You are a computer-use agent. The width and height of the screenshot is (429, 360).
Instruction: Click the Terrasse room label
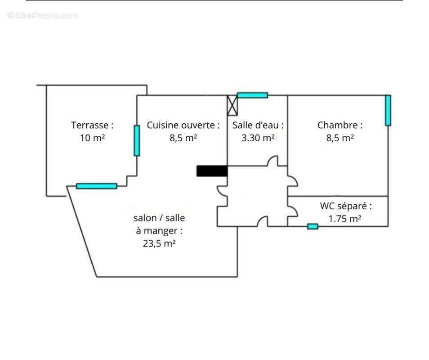[x=92, y=125]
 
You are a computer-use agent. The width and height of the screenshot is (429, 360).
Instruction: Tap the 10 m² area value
[x=92, y=138]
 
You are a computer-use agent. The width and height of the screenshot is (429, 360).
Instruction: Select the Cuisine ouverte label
[x=183, y=125]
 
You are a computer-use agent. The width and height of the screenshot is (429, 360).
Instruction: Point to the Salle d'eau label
[x=258, y=125]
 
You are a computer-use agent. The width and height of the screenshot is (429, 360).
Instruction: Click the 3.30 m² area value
[x=258, y=138]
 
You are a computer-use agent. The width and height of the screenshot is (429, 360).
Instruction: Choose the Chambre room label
[x=340, y=125]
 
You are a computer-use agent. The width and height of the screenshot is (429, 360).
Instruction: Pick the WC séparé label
[x=346, y=206]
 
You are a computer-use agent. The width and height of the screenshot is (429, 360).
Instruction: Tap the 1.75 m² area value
[x=345, y=219]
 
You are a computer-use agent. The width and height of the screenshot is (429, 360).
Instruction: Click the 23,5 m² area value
[x=159, y=243]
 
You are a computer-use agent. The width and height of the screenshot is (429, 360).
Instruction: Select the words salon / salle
[x=159, y=218]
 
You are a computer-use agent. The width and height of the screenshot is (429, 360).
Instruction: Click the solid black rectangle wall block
[x=212, y=171]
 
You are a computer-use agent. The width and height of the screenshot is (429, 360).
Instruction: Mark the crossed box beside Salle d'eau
[x=232, y=105]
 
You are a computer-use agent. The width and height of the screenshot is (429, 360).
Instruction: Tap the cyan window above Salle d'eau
[x=252, y=95]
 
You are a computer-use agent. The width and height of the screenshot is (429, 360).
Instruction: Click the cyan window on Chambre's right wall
[x=388, y=110]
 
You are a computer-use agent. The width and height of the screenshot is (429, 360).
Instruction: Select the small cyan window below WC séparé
[x=313, y=226]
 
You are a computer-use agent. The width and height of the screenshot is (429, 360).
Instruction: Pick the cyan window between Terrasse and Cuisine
[x=137, y=140]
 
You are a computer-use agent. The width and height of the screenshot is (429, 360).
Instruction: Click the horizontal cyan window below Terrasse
[x=96, y=186]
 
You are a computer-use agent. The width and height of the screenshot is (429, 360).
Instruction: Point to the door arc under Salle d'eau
[x=273, y=161]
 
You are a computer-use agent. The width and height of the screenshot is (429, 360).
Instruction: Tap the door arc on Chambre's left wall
[x=293, y=180]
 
